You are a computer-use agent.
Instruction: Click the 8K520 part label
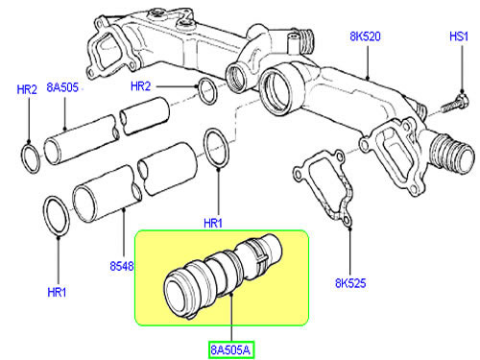tap(365, 36)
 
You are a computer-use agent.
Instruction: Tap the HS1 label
tap(459, 36)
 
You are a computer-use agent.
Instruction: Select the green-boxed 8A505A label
tap(230, 349)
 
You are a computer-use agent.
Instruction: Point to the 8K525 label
tap(350, 283)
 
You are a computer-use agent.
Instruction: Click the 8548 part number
tap(122, 266)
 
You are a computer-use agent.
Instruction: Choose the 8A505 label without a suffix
tap(62, 87)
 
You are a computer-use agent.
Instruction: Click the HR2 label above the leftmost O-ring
tap(27, 89)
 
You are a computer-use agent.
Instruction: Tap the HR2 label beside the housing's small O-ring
tap(140, 86)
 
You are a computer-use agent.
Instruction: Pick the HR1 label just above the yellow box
tap(213, 223)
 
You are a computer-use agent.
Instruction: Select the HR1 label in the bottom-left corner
tap(57, 292)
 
